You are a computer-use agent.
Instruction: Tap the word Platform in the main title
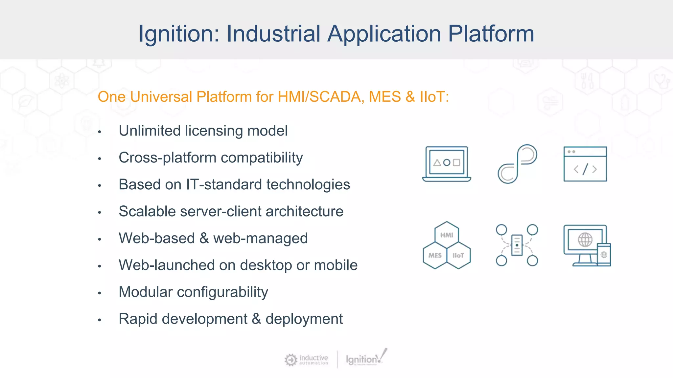[491, 34]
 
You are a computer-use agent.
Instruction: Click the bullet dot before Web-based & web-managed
[100, 240]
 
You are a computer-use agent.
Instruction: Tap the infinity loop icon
[517, 164]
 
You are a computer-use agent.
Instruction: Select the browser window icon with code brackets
[585, 164]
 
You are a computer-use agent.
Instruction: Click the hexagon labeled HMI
[447, 235]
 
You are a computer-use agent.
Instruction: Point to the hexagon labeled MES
[435, 255]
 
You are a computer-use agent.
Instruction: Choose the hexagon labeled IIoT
[458, 255]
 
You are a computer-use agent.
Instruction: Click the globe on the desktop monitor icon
[585, 240]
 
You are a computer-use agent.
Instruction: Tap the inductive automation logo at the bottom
[306, 360]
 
